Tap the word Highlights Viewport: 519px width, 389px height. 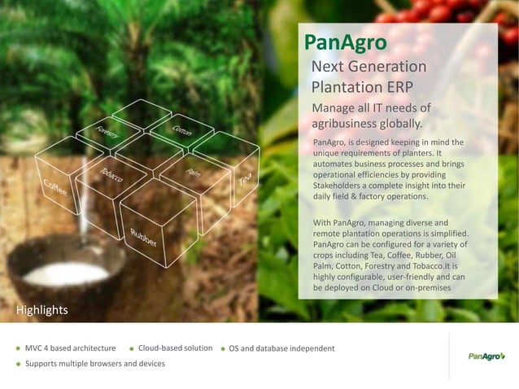coord(42,310)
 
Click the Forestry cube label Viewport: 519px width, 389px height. coord(107,133)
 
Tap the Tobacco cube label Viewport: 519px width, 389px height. coord(112,177)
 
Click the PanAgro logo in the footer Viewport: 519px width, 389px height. coord(486,356)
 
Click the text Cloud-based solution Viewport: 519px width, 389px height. coord(175,348)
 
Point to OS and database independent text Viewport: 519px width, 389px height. coord(281,348)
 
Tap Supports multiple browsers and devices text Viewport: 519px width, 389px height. coord(94,363)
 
